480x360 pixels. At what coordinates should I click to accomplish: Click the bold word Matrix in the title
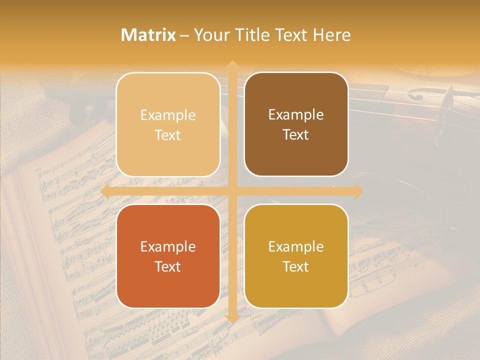point(148,35)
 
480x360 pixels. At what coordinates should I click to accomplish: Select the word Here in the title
point(331,35)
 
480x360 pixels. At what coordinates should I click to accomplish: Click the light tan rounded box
point(168,124)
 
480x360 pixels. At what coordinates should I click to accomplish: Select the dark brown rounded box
point(296,124)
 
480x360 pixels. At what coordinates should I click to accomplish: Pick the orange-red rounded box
point(168,256)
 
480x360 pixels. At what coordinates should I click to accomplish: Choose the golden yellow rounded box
point(296,256)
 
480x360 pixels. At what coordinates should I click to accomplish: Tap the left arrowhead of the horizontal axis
point(105,191)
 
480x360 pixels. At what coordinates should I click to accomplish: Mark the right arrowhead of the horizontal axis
point(358,191)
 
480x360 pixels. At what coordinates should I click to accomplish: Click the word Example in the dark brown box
point(296,114)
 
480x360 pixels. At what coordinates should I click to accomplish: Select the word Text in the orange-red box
point(168,266)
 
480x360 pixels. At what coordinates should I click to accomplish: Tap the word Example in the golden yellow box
point(296,246)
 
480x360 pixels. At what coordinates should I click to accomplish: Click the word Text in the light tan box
point(168,135)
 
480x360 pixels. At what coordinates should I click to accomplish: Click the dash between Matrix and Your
point(184,35)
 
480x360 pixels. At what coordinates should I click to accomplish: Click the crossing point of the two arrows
point(232,191)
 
